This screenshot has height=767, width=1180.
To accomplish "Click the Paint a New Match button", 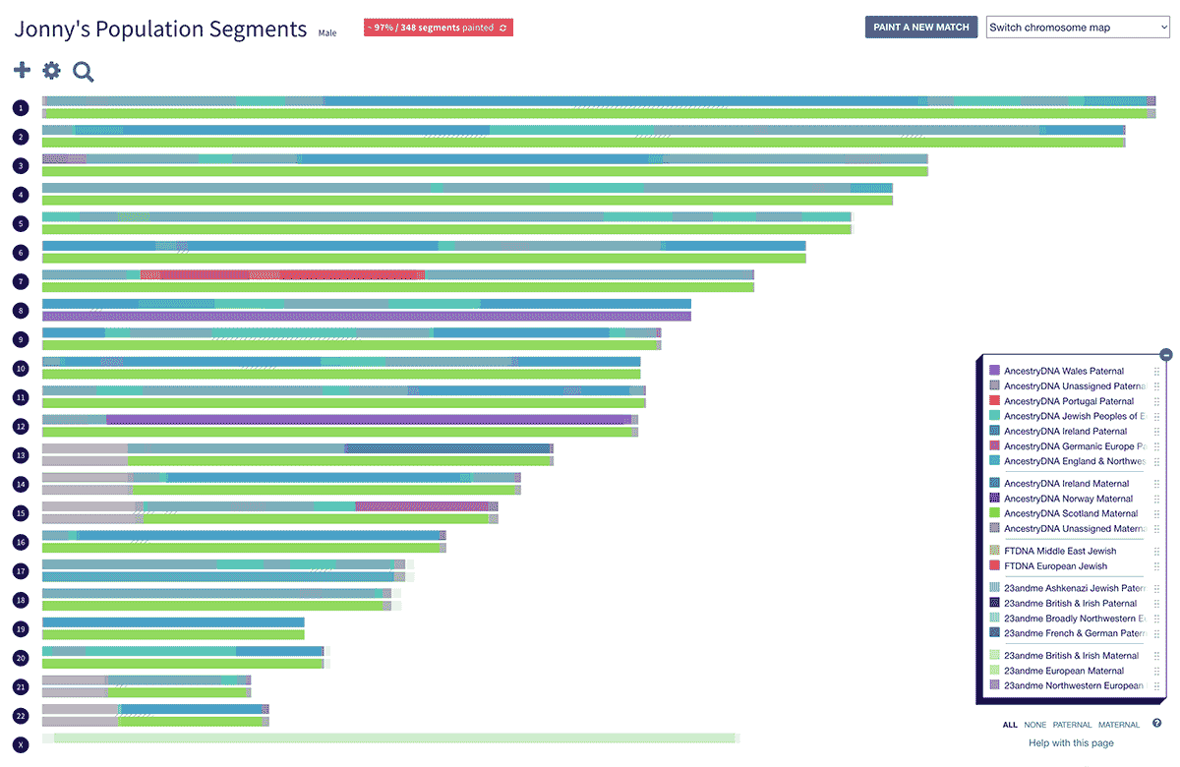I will pos(920,28).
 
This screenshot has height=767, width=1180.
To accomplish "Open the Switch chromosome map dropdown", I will pos(1078,28).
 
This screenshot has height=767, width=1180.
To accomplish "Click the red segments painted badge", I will pos(438,28).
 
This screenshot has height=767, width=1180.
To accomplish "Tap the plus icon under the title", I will pos(22,70).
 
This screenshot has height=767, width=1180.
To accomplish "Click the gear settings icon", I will pos(51,70).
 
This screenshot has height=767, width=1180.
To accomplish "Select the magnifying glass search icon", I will pos(84,71).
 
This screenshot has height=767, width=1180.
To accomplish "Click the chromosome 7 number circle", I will pos(21,281).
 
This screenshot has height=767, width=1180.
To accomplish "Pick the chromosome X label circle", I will pos(21,744).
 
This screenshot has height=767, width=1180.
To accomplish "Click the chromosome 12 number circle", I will pos(21,426).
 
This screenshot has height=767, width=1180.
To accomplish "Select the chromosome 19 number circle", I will pos(21,628).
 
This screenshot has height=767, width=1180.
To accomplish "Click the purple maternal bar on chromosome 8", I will pos(366,317).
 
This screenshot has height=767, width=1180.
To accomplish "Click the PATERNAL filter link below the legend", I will pos(1072,725).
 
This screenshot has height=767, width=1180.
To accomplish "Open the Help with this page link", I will pos(1071,743).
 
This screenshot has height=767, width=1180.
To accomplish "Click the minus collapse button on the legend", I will pos(1165,354).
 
